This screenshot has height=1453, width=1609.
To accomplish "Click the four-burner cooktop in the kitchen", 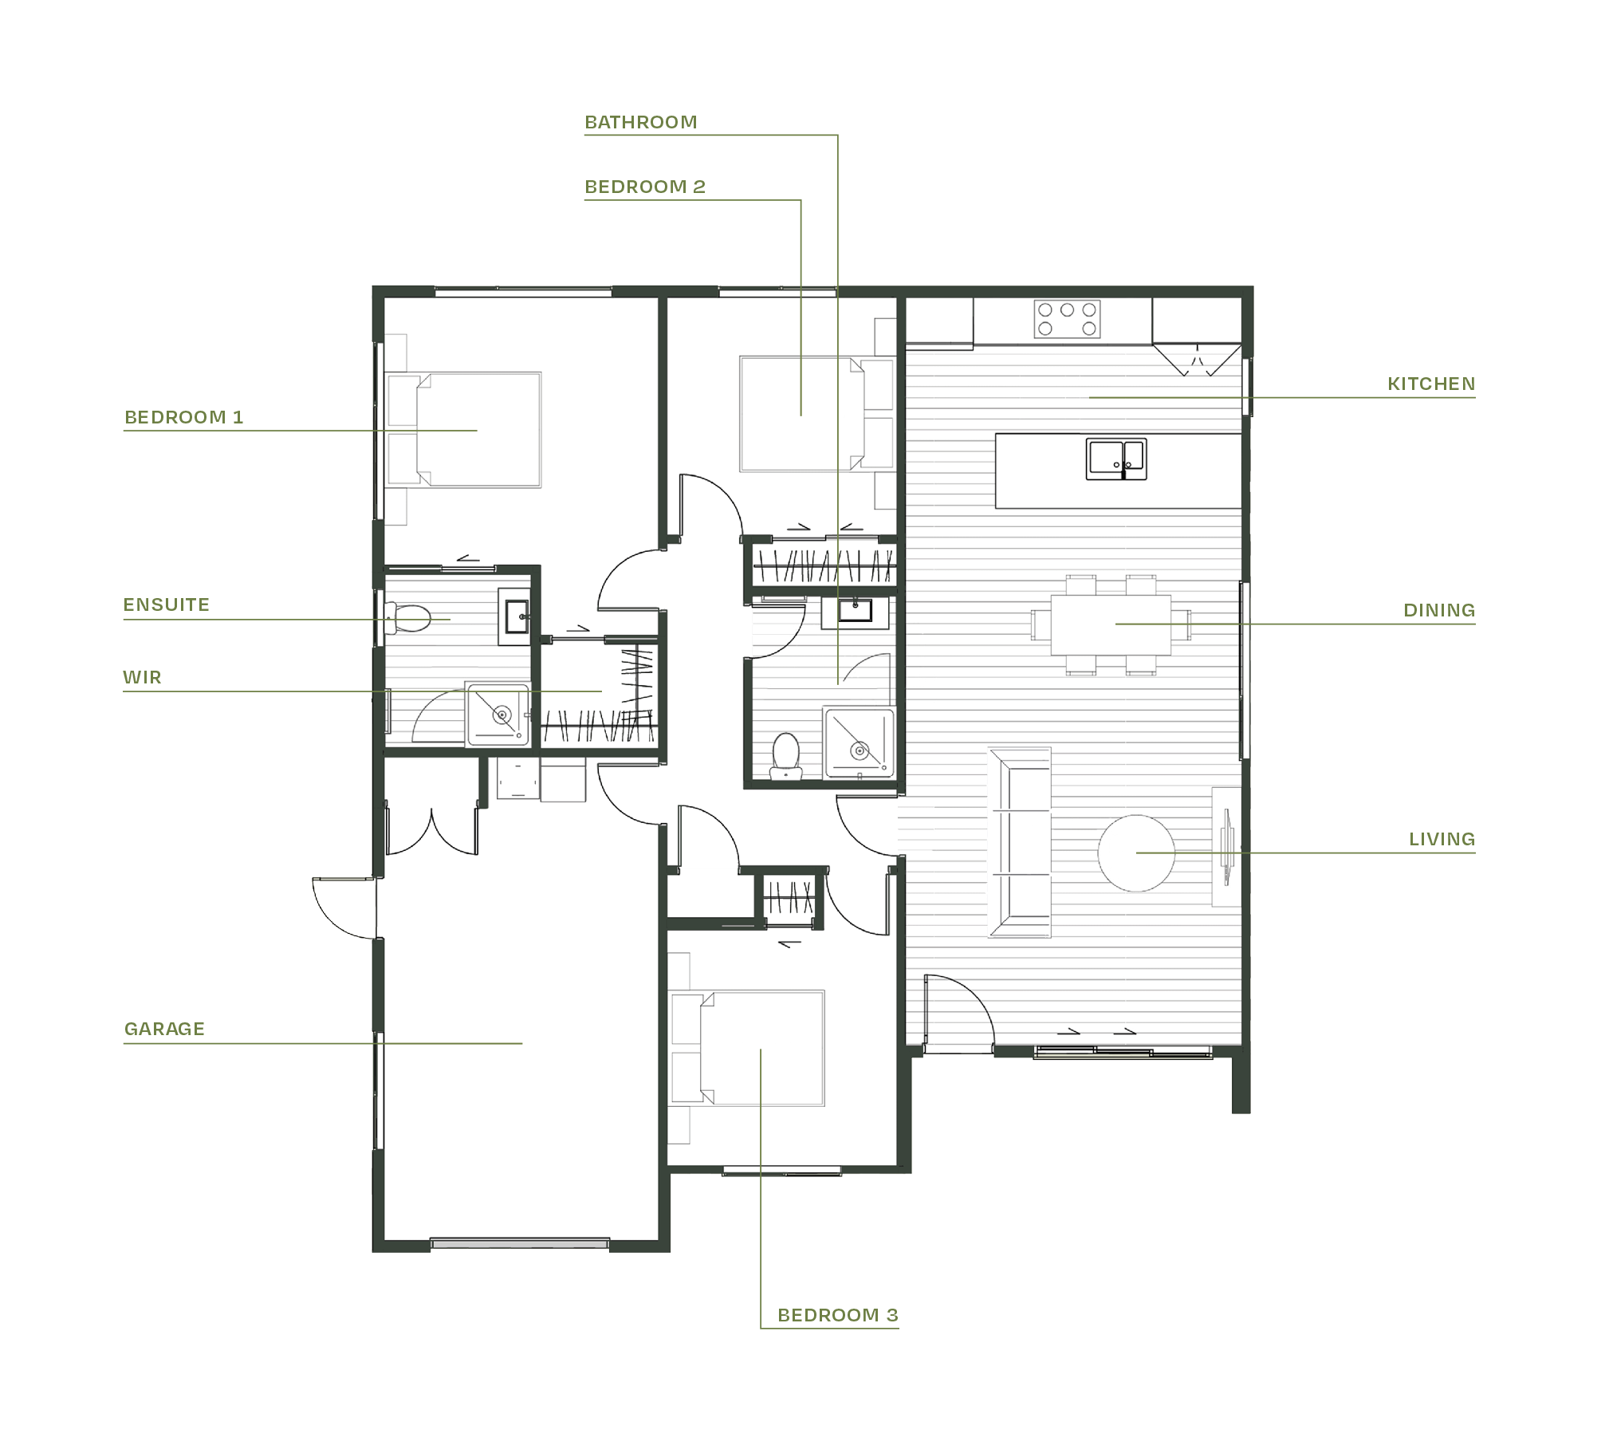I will [1067, 318].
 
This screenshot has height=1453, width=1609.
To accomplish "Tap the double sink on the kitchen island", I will [1115, 459].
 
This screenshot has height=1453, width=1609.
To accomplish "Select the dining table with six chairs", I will [1110, 624].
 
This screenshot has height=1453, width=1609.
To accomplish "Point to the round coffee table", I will [1135, 853].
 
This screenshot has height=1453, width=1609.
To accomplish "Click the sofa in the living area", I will [1021, 842].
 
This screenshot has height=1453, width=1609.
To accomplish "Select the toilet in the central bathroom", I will [785, 755].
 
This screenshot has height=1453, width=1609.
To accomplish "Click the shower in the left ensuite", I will [498, 715].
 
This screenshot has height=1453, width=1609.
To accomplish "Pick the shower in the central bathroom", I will [859, 742].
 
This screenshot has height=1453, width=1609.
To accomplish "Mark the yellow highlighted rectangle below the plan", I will [881, 1188].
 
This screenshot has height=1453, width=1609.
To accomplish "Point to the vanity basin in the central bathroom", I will [855, 612].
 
